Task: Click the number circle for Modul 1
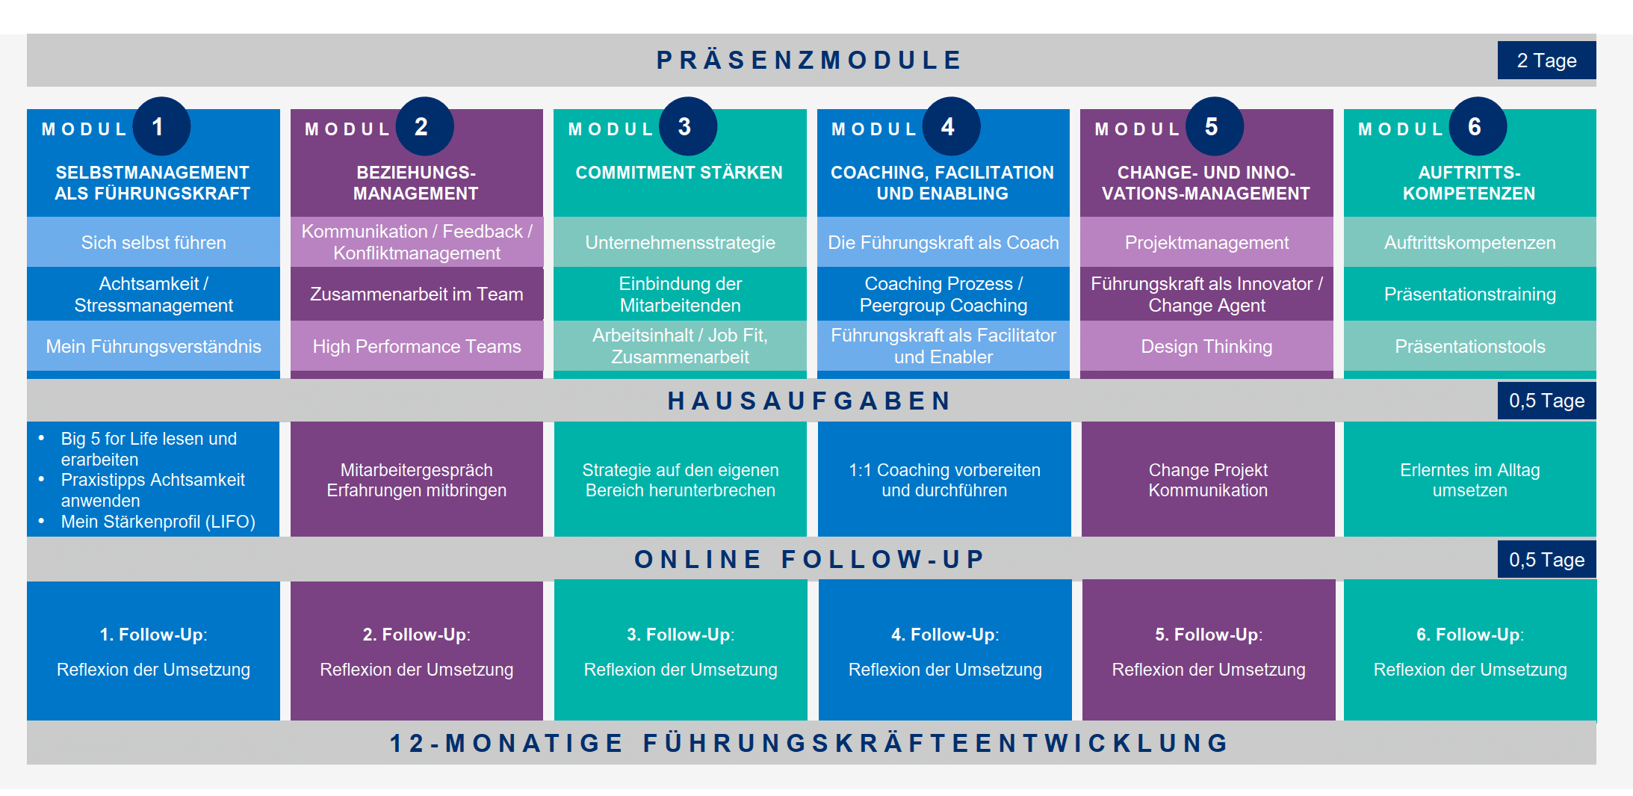(x=161, y=126)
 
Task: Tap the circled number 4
(x=950, y=126)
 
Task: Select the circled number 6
(x=1477, y=126)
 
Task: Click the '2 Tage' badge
(x=1546, y=61)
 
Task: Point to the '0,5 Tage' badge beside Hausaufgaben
(x=1546, y=401)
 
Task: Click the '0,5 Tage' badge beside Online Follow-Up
(x=1546, y=560)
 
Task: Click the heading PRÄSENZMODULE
(x=811, y=60)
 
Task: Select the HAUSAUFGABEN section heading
(x=811, y=401)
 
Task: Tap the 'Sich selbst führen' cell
(x=153, y=242)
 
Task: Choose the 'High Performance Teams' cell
(x=417, y=346)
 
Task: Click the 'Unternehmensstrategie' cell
(x=680, y=242)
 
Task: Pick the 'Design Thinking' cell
(x=1206, y=346)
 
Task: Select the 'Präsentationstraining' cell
(x=1469, y=294)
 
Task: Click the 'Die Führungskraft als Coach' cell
(x=943, y=242)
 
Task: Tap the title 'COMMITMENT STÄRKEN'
(x=679, y=173)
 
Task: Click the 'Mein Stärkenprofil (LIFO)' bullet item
(x=158, y=522)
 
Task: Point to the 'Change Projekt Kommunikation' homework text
(x=1208, y=480)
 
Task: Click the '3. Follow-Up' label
(x=680, y=635)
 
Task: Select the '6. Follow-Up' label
(x=1469, y=635)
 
